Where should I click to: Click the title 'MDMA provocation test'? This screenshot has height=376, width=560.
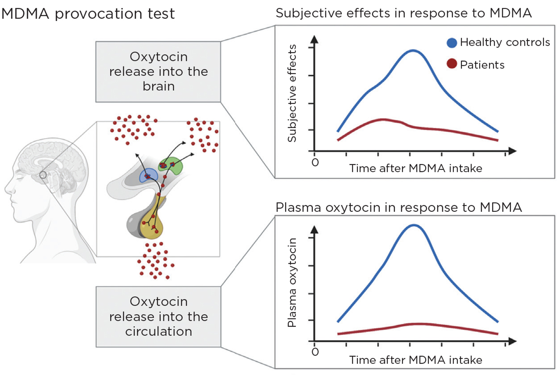(x=88, y=14)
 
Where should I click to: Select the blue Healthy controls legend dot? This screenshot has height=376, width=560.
(x=452, y=43)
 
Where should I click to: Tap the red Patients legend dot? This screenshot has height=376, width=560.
(x=452, y=64)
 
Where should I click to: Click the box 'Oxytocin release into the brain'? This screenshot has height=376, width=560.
(x=158, y=72)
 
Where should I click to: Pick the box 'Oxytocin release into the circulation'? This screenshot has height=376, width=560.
(x=158, y=316)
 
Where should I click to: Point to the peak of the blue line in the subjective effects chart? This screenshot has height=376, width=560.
(x=413, y=51)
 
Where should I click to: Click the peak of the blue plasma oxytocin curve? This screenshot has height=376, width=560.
(x=414, y=225)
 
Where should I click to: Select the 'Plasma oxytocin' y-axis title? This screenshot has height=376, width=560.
(x=292, y=282)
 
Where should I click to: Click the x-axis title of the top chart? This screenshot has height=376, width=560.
(x=416, y=168)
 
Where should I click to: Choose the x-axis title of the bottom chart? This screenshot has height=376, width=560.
(x=416, y=360)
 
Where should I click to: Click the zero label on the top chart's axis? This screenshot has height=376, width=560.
(x=315, y=162)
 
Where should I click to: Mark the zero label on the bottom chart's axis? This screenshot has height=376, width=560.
(x=315, y=352)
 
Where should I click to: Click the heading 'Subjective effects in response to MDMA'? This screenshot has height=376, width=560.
(x=403, y=13)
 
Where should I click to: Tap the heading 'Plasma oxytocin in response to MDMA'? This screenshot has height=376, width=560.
(x=399, y=207)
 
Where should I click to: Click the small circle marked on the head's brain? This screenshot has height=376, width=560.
(x=43, y=175)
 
